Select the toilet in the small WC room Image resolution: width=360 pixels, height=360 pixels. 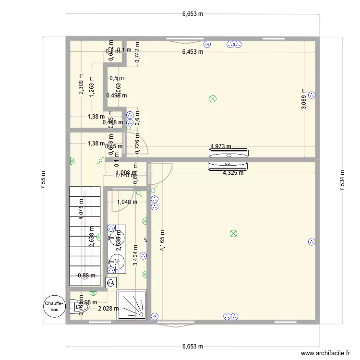click(x=78, y=306)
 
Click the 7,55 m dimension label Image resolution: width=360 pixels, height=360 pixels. click(x=43, y=181)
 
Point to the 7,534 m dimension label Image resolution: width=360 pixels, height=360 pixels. click(x=342, y=181)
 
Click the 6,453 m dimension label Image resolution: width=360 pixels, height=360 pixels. click(x=192, y=52)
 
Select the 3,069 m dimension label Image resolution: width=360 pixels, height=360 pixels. click(x=303, y=98)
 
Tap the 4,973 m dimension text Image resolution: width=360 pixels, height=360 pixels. click(x=221, y=146)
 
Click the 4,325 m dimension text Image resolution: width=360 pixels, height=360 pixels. click(x=233, y=173)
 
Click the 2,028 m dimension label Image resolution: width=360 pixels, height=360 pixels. click(x=108, y=309)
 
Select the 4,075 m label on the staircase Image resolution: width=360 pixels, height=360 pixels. click(x=82, y=209)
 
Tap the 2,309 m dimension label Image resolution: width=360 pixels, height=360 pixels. click(x=81, y=84)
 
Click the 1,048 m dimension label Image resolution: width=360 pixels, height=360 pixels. click(x=127, y=202)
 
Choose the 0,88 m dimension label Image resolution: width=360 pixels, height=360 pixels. click(x=86, y=276)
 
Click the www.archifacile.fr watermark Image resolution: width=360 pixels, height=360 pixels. click(x=325, y=353)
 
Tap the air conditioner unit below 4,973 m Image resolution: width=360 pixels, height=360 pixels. click(x=229, y=167)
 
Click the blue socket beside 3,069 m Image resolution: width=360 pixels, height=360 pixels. click(x=312, y=95)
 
